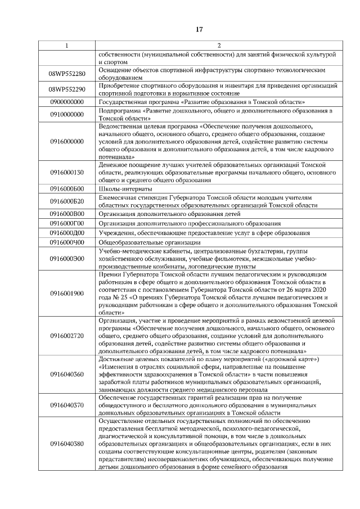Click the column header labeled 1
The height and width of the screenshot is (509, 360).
[66, 45]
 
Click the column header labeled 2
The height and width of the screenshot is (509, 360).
[219, 45]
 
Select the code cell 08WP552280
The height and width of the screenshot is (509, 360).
[66, 74]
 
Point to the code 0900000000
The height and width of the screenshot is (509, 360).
[66, 102]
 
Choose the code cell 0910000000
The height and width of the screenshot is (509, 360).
[66, 115]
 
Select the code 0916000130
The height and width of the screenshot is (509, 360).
[66, 173]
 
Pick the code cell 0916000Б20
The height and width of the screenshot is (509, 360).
[66, 201]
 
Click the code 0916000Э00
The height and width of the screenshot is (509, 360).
[66, 258]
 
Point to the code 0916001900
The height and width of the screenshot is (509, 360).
[66, 293]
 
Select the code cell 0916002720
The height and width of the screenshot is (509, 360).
[66, 336]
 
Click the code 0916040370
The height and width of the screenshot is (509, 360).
[66, 405]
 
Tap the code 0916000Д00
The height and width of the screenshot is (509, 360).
[66, 233]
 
